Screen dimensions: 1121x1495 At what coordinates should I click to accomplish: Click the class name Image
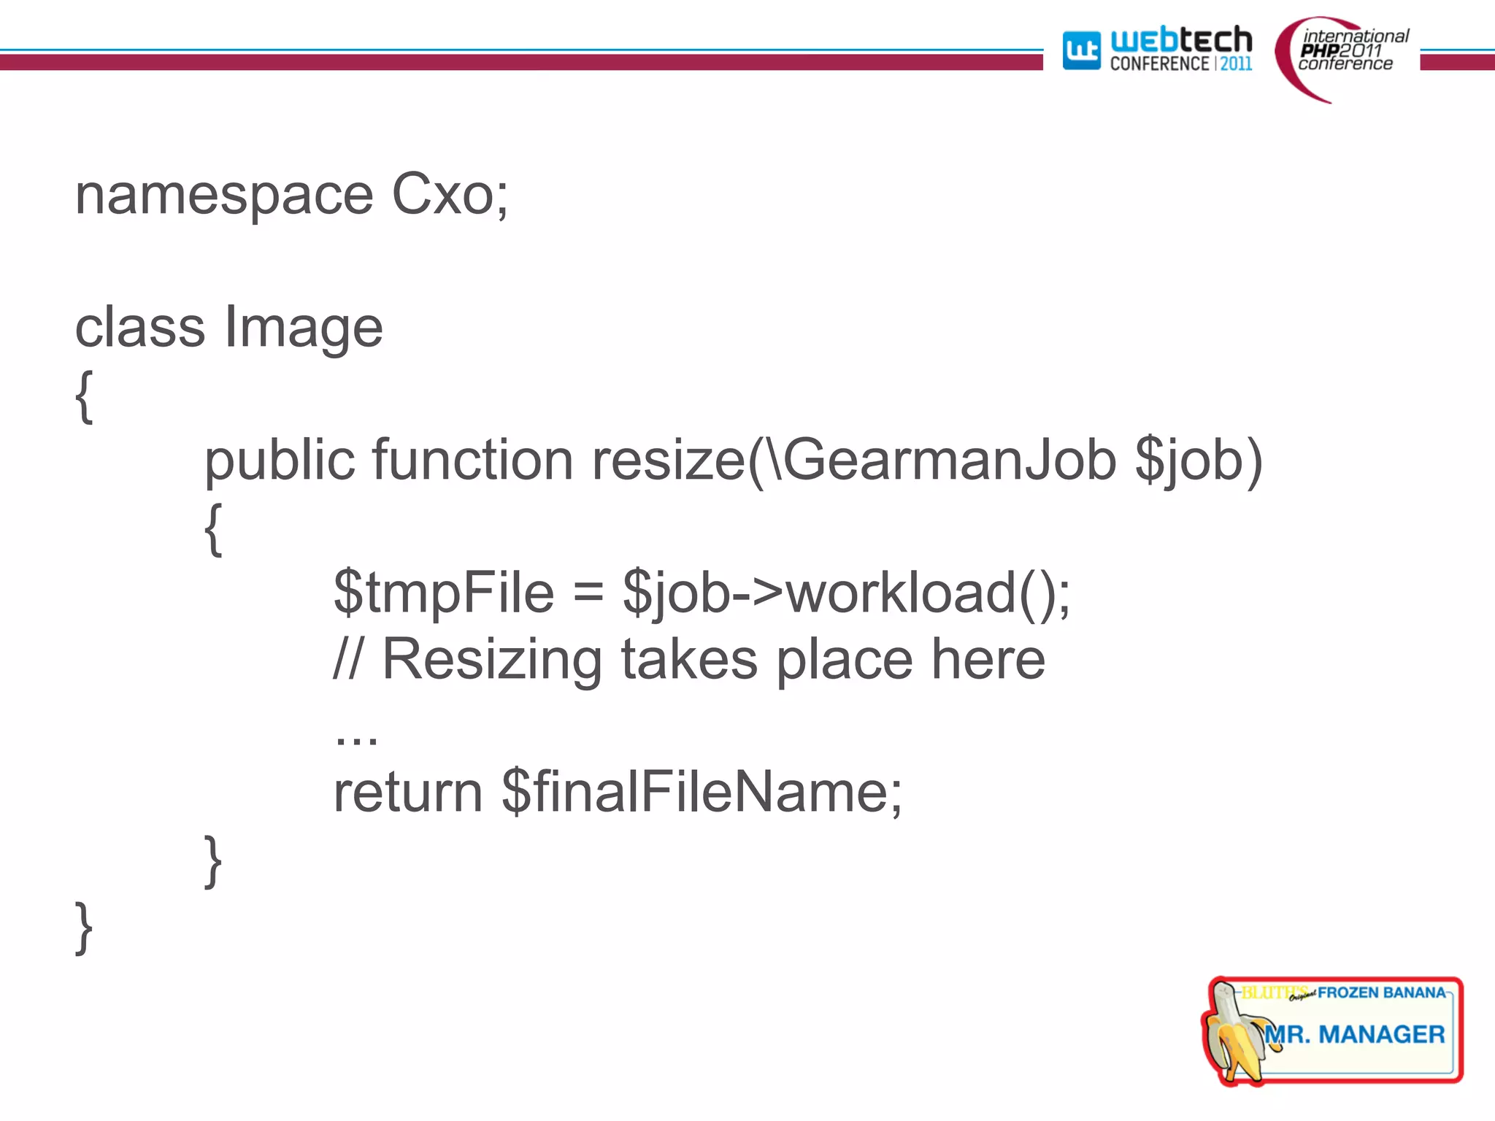tap(303, 328)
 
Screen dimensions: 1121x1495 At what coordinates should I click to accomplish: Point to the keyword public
tap(279, 461)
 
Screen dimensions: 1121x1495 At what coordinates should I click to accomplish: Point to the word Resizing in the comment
tap(492, 659)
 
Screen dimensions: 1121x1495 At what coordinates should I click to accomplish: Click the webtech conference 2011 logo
tap(1157, 50)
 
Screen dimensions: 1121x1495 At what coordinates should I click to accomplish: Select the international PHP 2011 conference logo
tap(1343, 55)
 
